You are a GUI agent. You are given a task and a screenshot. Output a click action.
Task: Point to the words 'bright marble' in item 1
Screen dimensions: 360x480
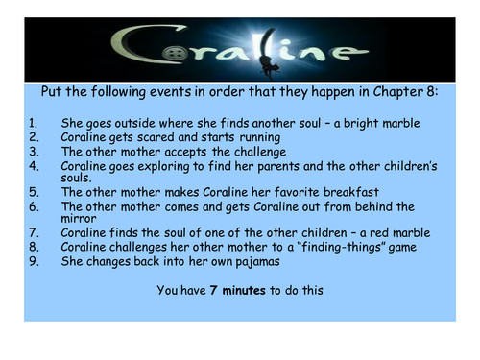tap(382, 123)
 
